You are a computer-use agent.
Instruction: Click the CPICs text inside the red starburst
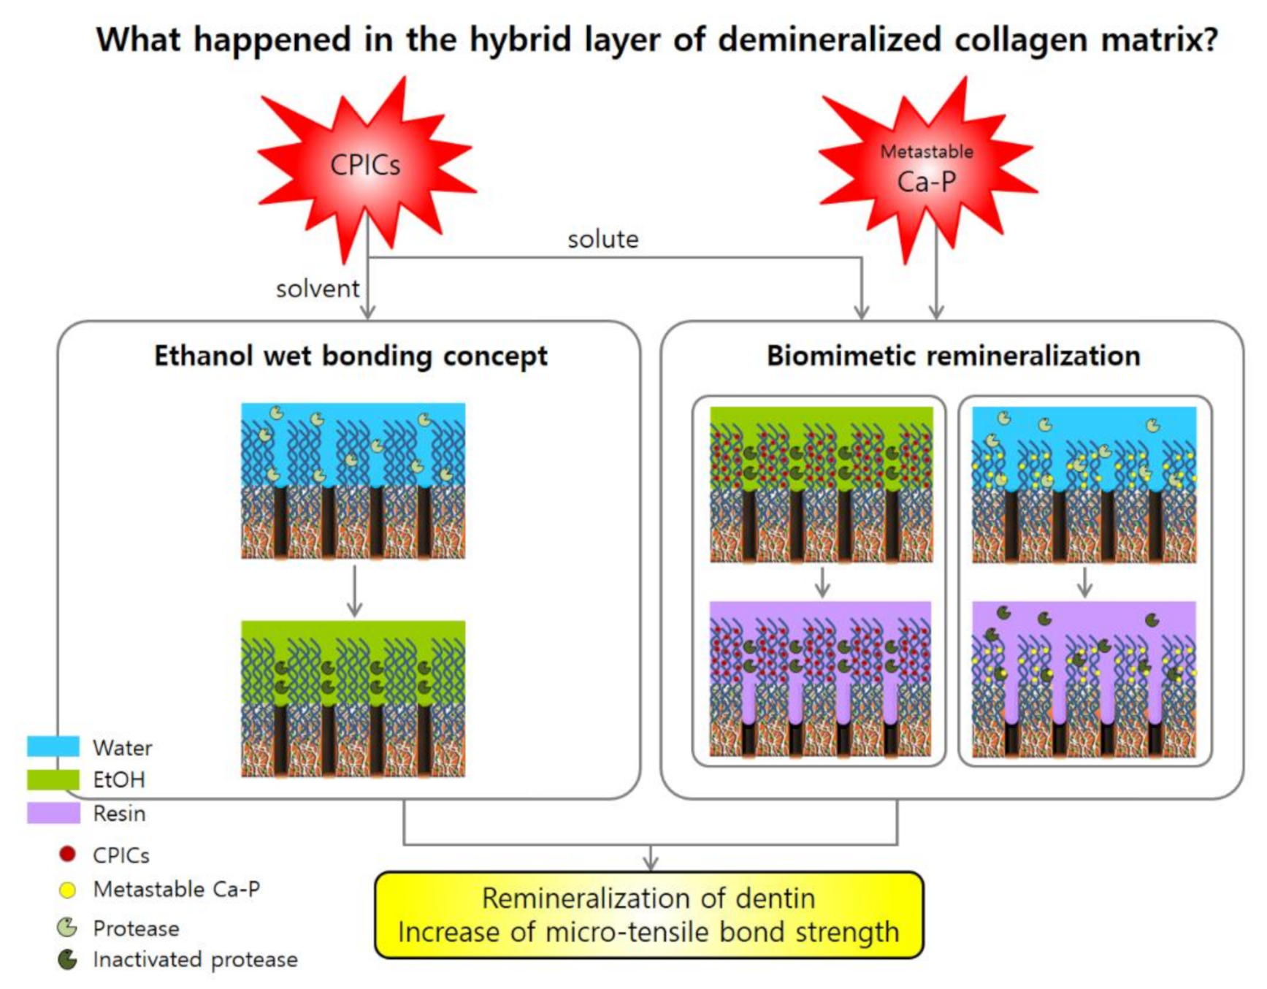coord(365,165)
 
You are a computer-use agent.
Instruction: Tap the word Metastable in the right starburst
coord(927,152)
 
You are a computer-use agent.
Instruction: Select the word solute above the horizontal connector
coord(603,240)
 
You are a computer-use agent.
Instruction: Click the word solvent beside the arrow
coord(318,289)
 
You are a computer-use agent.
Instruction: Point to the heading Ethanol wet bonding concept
coord(351,356)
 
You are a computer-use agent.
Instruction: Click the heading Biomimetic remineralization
coord(953,356)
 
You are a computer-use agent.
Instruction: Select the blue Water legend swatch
coord(53,746)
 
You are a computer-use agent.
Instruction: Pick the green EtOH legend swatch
coord(53,779)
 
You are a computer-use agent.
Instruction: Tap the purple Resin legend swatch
coord(53,813)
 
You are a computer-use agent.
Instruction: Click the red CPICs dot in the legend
coord(67,854)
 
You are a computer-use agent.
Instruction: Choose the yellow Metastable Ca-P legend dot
coord(67,890)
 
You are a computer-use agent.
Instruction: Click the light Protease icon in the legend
coord(67,928)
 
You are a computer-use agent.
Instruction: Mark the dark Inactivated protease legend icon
coord(67,960)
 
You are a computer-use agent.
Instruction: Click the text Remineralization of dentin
coord(648,898)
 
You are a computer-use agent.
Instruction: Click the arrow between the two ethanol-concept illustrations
coord(354,592)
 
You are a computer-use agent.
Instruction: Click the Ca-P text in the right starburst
coord(927,182)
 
